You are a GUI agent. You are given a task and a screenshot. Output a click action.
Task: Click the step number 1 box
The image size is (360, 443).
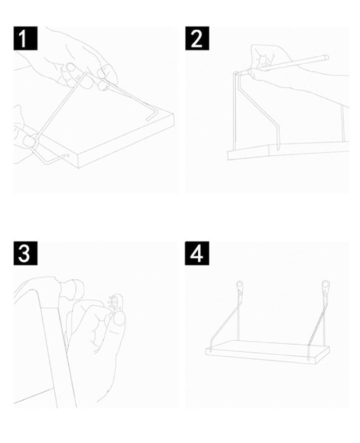(x=25, y=38)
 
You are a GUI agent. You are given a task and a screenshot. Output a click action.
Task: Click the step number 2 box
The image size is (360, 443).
(x=197, y=38)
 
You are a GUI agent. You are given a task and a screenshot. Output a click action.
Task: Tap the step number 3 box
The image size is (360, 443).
(x=25, y=253)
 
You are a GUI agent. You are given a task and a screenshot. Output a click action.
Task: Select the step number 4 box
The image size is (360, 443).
(x=197, y=253)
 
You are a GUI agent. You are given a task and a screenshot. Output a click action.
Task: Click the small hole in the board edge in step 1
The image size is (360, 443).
(x=68, y=156)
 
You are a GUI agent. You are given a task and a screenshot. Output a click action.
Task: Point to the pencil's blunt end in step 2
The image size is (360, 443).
(x=326, y=57)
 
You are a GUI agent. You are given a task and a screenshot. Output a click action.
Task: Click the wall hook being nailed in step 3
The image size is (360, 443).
(x=117, y=303)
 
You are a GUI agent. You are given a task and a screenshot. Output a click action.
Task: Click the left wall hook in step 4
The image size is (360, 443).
(x=240, y=287)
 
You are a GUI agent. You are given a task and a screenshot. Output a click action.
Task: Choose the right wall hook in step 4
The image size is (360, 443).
(x=325, y=287)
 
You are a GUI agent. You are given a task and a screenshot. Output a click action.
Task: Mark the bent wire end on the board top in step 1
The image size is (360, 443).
(x=152, y=116)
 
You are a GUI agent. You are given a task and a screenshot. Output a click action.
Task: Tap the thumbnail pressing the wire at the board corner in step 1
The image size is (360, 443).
(x=29, y=141)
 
